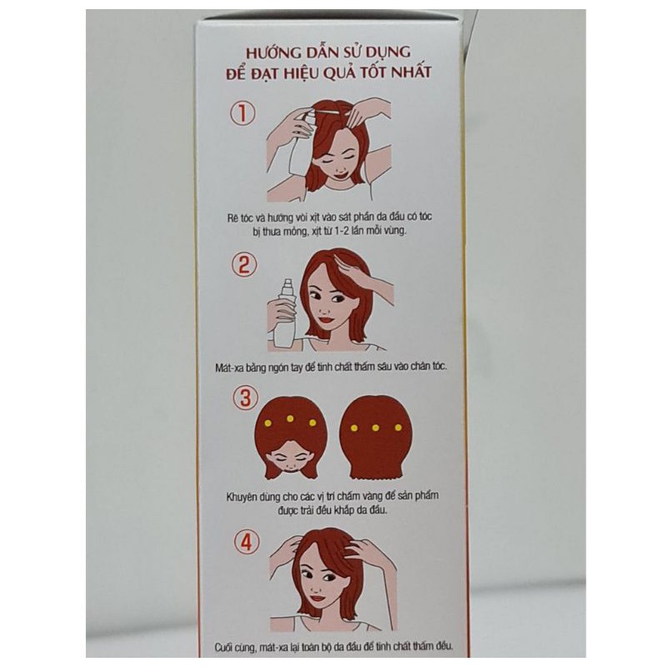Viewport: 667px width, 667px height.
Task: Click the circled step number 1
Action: coord(243,113)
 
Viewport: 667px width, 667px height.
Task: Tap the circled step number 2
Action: coord(244,264)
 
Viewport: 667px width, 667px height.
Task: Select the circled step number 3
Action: coord(245,399)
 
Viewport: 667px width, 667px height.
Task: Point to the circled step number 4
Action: coord(247,542)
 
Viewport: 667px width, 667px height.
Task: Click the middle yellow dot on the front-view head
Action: coord(290,419)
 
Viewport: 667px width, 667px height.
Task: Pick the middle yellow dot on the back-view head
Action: coord(376,428)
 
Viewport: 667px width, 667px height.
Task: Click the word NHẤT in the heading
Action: coord(411,72)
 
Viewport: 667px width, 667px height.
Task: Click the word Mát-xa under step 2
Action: coord(229,368)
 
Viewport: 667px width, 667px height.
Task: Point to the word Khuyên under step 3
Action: coord(241,497)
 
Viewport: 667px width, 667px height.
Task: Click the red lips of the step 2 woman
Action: coord(325,319)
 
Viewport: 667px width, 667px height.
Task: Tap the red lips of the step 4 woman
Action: coord(318,598)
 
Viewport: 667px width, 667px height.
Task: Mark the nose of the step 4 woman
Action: coord(316,589)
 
